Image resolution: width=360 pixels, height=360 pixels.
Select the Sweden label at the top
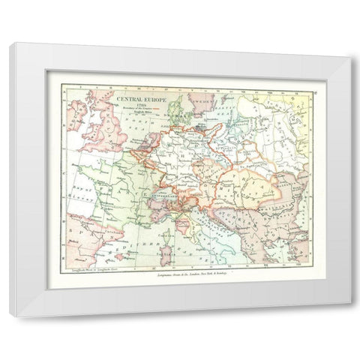coord(202,97)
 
